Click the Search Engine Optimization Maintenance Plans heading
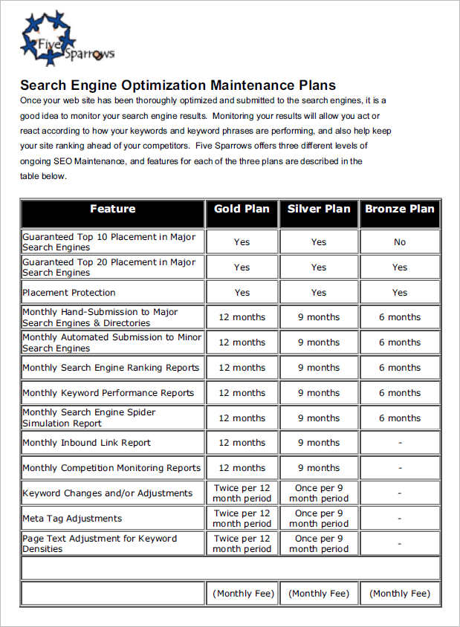coord(178,85)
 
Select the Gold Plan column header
coord(242,209)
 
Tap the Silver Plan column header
coord(319,209)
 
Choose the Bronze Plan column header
coord(400,209)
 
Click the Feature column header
coord(113,209)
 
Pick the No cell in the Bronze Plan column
coord(400,241)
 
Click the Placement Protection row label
coord(69,293)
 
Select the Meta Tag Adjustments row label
coord(72,519)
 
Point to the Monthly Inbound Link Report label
coord(86,443)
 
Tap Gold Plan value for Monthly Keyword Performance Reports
coord(242,393)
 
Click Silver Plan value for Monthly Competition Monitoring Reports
coord(319,468)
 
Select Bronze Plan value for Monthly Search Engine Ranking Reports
coord(400,368)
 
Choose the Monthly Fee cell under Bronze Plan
coord(400,594)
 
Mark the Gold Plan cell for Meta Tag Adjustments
coord(242,519)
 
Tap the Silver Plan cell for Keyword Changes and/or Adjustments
coord(319,493)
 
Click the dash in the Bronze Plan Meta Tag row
coord(400,519)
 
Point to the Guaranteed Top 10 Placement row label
coord(108,241)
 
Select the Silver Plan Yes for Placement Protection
coord(319,293)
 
